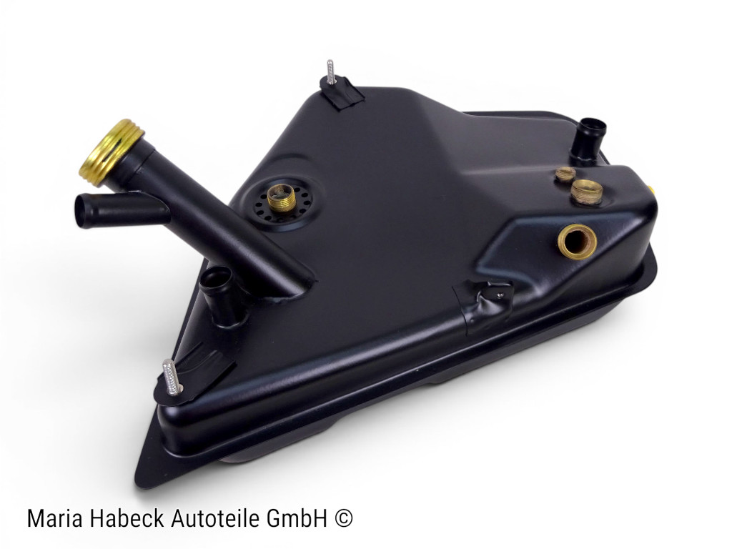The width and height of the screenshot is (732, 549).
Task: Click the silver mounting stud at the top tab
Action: pos(330,72)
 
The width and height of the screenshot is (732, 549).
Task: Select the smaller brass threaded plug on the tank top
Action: pos(565,174)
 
